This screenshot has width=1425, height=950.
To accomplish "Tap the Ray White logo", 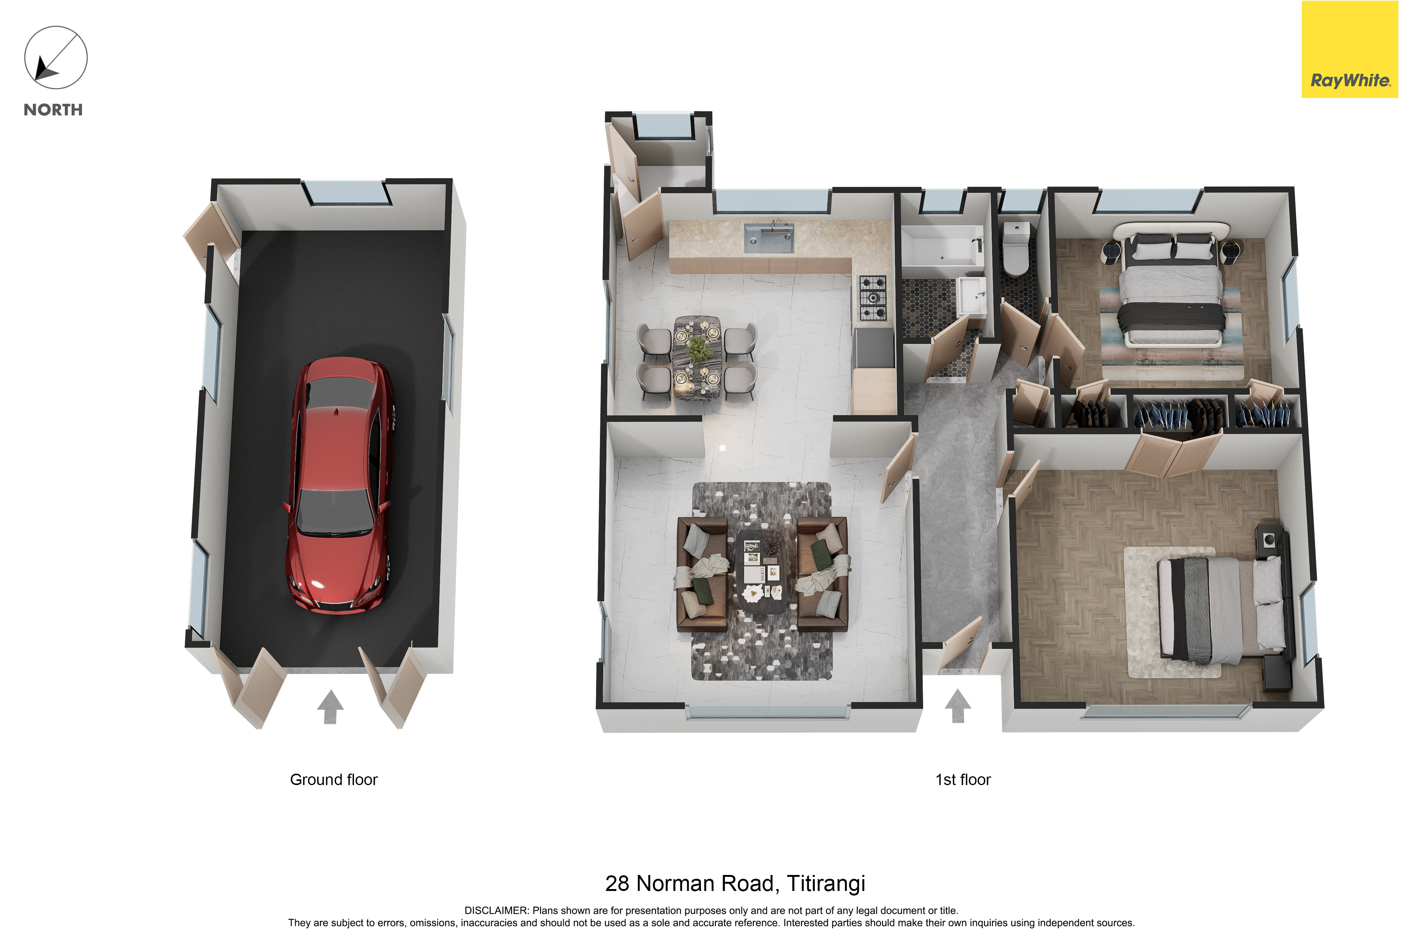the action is [1350, 50].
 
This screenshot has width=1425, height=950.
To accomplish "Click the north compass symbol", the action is [56, 58].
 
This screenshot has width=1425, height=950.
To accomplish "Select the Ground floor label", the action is [334, 780].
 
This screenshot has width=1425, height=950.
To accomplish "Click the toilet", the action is [1016, 248].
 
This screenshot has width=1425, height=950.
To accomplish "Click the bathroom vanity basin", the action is [971, 296].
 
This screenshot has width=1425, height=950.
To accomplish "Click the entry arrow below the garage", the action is [330, 707].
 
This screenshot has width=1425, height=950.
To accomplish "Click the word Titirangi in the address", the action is [826, 884].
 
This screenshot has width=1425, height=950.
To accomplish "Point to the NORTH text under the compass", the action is [53, 110].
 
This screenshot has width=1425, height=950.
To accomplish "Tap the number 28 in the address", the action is [617, 884].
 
